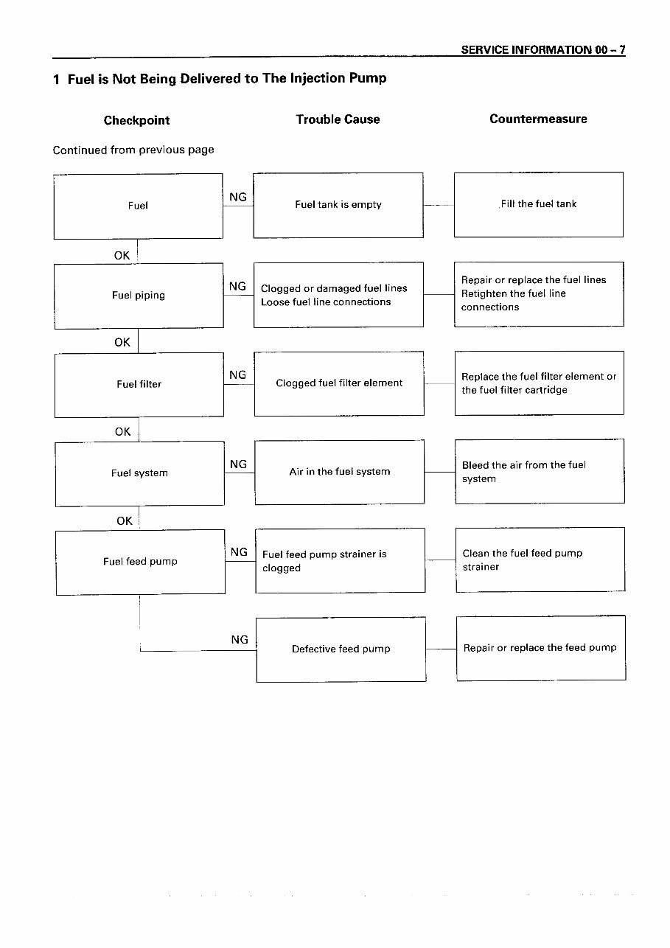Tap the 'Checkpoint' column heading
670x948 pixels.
(x=136, y=121)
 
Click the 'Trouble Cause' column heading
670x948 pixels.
(x=338, y=119)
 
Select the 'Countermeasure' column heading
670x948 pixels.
(x=538, y=119)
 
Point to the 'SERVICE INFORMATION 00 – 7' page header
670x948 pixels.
(x=543, y=50)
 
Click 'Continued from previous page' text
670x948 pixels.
(x=133, y=150)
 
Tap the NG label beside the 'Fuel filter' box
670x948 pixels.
(x=238, y=375)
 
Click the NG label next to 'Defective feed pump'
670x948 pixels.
(x=240, y=639)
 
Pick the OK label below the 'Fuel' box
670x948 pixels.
(x=122, y=256)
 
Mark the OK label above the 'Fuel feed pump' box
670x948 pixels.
(x=125, y=521)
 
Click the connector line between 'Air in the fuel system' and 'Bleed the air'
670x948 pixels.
(x=440, y=472)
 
